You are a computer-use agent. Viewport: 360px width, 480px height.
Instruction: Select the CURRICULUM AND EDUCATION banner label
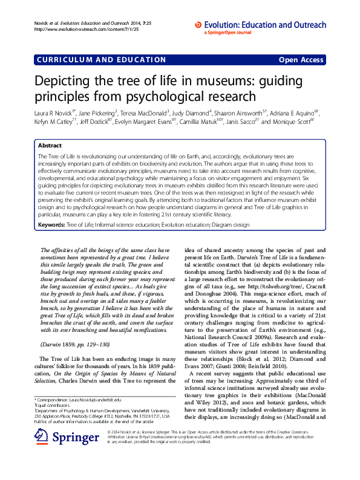[101, 60]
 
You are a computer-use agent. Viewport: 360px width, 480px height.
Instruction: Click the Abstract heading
[50, 146]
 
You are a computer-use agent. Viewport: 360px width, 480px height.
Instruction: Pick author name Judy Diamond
[191, 112]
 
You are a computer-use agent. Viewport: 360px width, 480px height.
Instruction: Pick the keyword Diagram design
[230, 224]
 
